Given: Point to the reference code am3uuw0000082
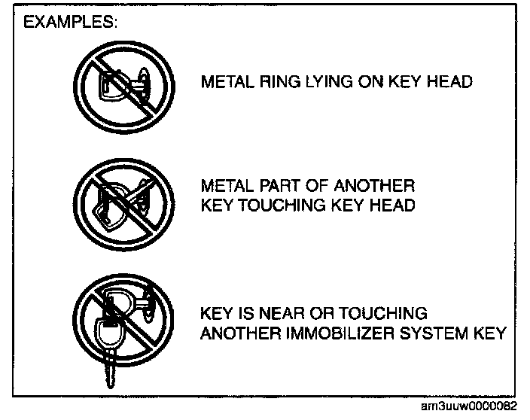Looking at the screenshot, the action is (470, 406).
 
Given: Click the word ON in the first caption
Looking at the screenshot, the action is (370, 81).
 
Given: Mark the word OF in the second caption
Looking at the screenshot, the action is (312, 186).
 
